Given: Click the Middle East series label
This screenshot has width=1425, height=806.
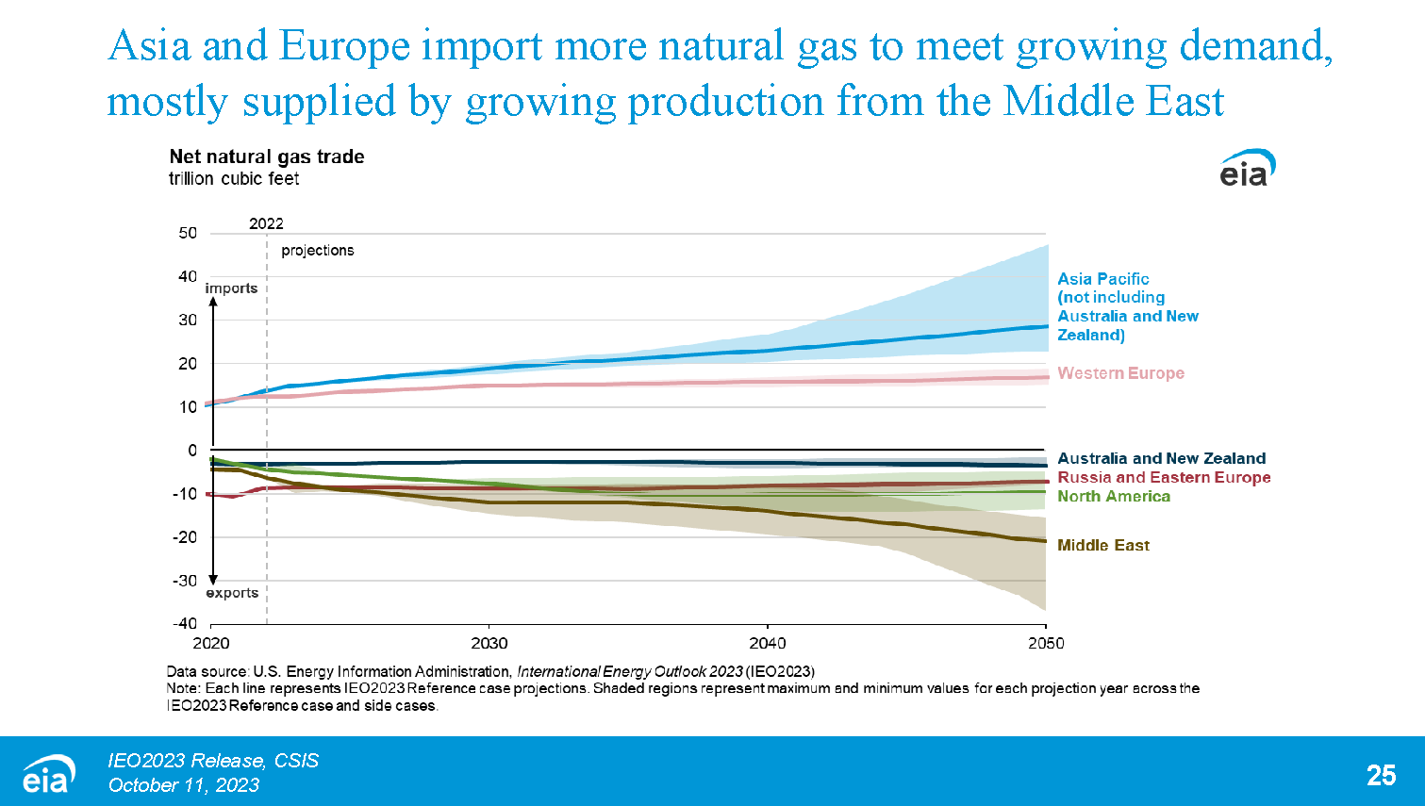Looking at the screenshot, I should pos(1102,545).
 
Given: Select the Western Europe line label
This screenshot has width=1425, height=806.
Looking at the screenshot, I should pos(1120,373).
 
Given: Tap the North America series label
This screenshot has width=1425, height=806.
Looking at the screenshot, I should pos(1113,496).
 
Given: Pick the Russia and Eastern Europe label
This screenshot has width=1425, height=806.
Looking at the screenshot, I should pos(1164,477).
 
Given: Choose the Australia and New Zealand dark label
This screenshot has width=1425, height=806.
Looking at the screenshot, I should pos(1161,458).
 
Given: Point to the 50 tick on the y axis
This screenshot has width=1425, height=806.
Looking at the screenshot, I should pos(188,233).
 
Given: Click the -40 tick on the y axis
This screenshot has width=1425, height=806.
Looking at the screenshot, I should pos(185,623).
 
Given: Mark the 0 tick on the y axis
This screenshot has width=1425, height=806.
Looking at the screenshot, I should pos(192,451).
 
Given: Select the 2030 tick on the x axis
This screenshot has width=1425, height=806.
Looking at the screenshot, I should pos(489,643).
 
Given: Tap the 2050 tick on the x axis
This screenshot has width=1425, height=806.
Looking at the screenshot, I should pos(1045,643).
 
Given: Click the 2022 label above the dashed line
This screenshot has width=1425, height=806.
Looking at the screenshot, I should pos(266,223).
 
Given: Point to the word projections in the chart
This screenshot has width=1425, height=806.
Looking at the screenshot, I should pos(317,250).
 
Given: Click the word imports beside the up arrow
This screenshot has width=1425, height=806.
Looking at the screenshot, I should pos(231,288).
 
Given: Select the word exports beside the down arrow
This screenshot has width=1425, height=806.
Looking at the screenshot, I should pos(232,593).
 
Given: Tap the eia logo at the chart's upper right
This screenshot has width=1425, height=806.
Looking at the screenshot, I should pos(1247,168).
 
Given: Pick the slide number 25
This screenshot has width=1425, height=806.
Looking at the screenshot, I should pos(1381,775).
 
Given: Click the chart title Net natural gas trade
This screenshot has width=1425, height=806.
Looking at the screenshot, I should pos(266,156).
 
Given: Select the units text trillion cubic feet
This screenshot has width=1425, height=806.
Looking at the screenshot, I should pos(234,179).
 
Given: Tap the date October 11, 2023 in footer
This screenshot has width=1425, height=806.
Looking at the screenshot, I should pos(183,785).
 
